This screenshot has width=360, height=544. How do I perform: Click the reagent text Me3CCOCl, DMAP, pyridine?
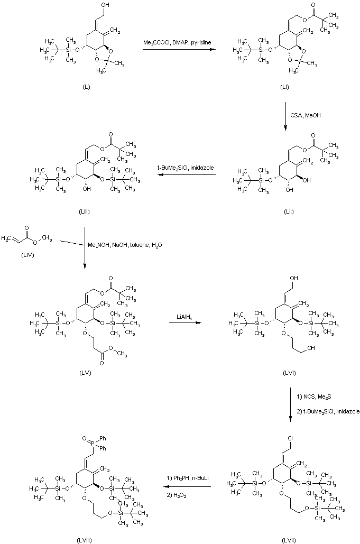point(177,42)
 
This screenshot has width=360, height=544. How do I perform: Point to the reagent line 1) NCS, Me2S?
point(313,396)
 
